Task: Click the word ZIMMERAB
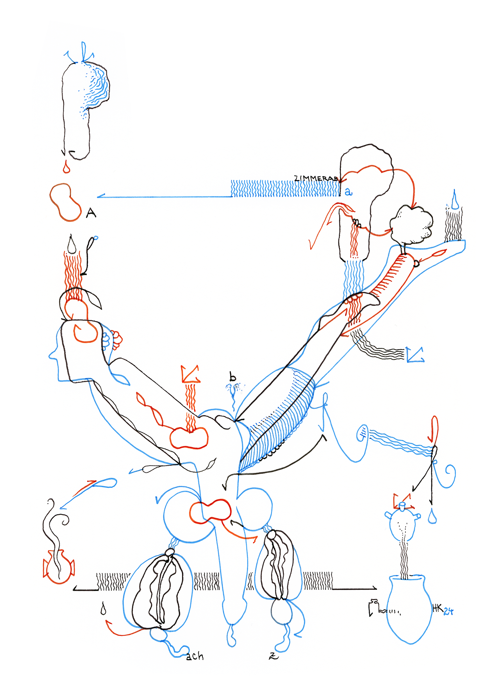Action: click(316, 178)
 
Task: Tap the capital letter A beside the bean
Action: click(91, 212)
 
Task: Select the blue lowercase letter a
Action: click(348, 192)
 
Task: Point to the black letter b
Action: click(232, 377)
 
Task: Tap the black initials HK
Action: click(438, 609)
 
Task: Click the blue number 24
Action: click(448, 611)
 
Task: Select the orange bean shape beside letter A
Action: click(65, 202)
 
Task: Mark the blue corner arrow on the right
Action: click(414, 354)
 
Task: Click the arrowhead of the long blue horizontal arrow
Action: click(99, 197)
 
